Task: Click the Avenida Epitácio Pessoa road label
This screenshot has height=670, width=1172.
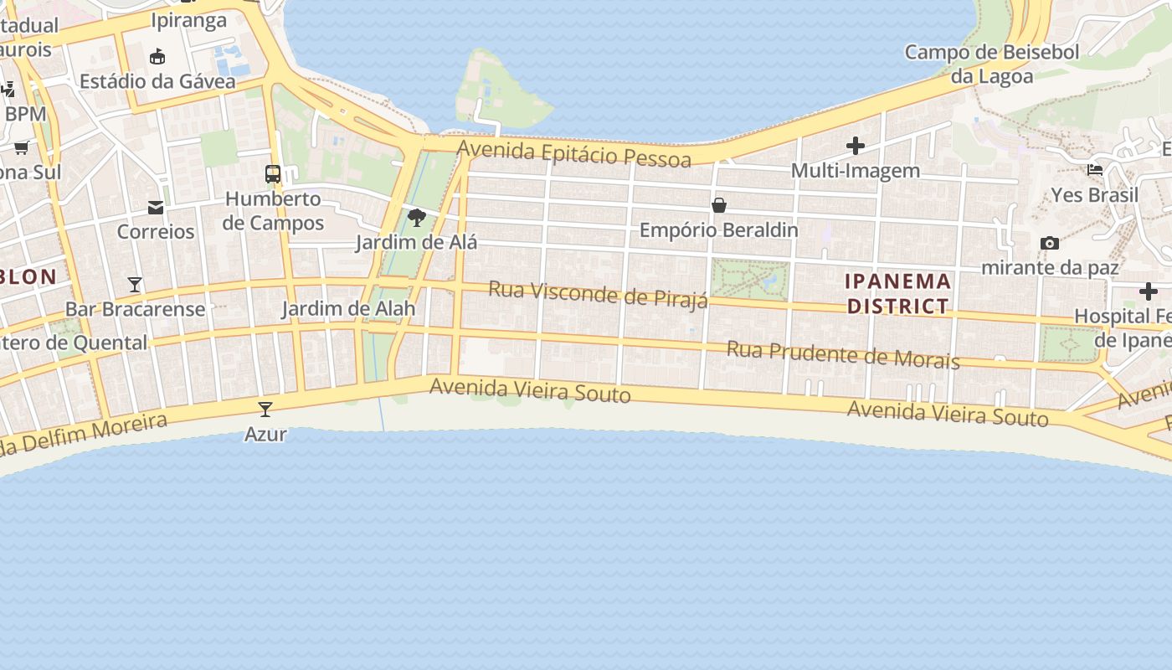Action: click(x=574, y=154)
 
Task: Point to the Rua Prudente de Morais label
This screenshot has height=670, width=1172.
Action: click(x=842, y=354)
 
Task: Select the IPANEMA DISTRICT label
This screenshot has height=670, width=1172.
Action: click(x=898, y=293)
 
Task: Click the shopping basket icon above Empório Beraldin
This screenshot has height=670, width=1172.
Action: click(x=718, y=204)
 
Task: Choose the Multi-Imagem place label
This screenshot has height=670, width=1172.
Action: click(x=855, y=171)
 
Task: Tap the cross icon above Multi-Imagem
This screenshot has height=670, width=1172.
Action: click(x=855, y=146)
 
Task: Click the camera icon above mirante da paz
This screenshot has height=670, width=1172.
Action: click(x=1049, y=243)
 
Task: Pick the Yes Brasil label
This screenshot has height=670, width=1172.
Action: click(x=1094, y=195)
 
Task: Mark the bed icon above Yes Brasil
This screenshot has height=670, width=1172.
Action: click(x=1094, y=170)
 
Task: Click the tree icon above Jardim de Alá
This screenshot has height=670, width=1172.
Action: click(x=416, y=218)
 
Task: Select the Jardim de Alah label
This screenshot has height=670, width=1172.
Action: click(x=348, y=308)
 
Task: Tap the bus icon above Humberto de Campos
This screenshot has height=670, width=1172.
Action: click(x=273, y=174)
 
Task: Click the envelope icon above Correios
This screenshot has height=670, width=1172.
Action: click(x=156, y=207)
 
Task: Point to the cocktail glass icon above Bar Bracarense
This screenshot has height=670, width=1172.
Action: click(x=135, y=284)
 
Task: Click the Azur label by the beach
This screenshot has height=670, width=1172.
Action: click(x=265, y=434)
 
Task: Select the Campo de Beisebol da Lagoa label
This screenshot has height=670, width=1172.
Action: click(x=992, y=64)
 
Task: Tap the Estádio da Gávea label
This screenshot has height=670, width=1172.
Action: click(x=139, y=81)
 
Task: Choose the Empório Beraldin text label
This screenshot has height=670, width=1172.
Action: click(x=718, y=229)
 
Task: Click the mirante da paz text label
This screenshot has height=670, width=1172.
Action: click(x=1049, y=268)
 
